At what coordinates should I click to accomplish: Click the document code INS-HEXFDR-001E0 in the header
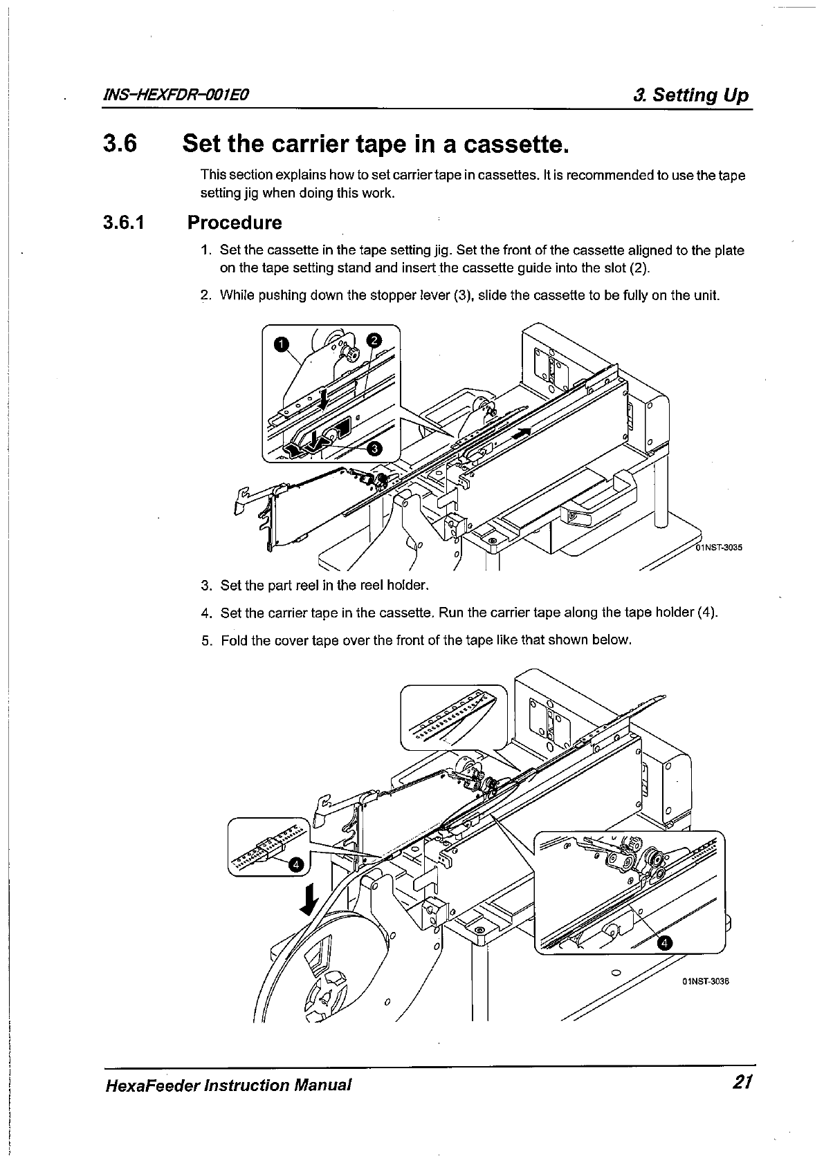(176, 95)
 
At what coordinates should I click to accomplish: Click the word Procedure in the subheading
(235, 223)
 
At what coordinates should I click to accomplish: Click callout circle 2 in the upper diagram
(373, 339)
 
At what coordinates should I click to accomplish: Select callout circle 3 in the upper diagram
(374, 449)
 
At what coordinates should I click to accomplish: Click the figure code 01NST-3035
(718, 548)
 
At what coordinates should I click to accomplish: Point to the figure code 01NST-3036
(706, 981)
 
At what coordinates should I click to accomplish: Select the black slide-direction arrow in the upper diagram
(524, 433)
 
